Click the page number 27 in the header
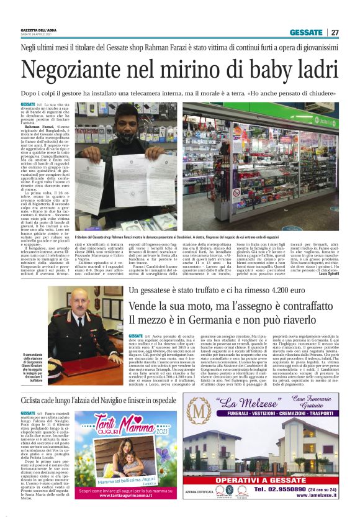(335, 32)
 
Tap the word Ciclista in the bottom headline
(37, 384)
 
